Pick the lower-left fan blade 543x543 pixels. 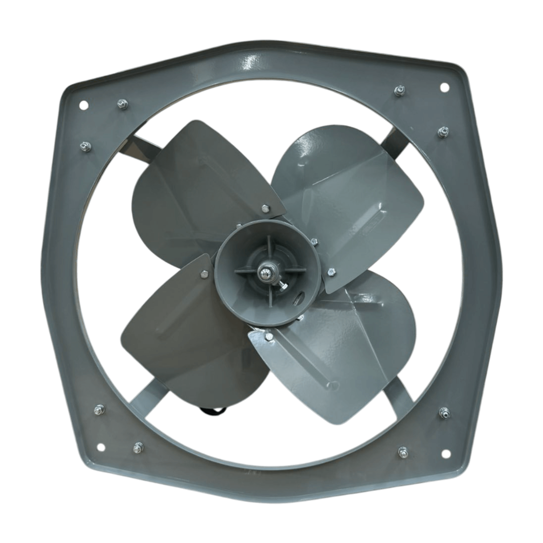[x=180, y=337]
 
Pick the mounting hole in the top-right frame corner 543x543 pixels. [x=443, y=86]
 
